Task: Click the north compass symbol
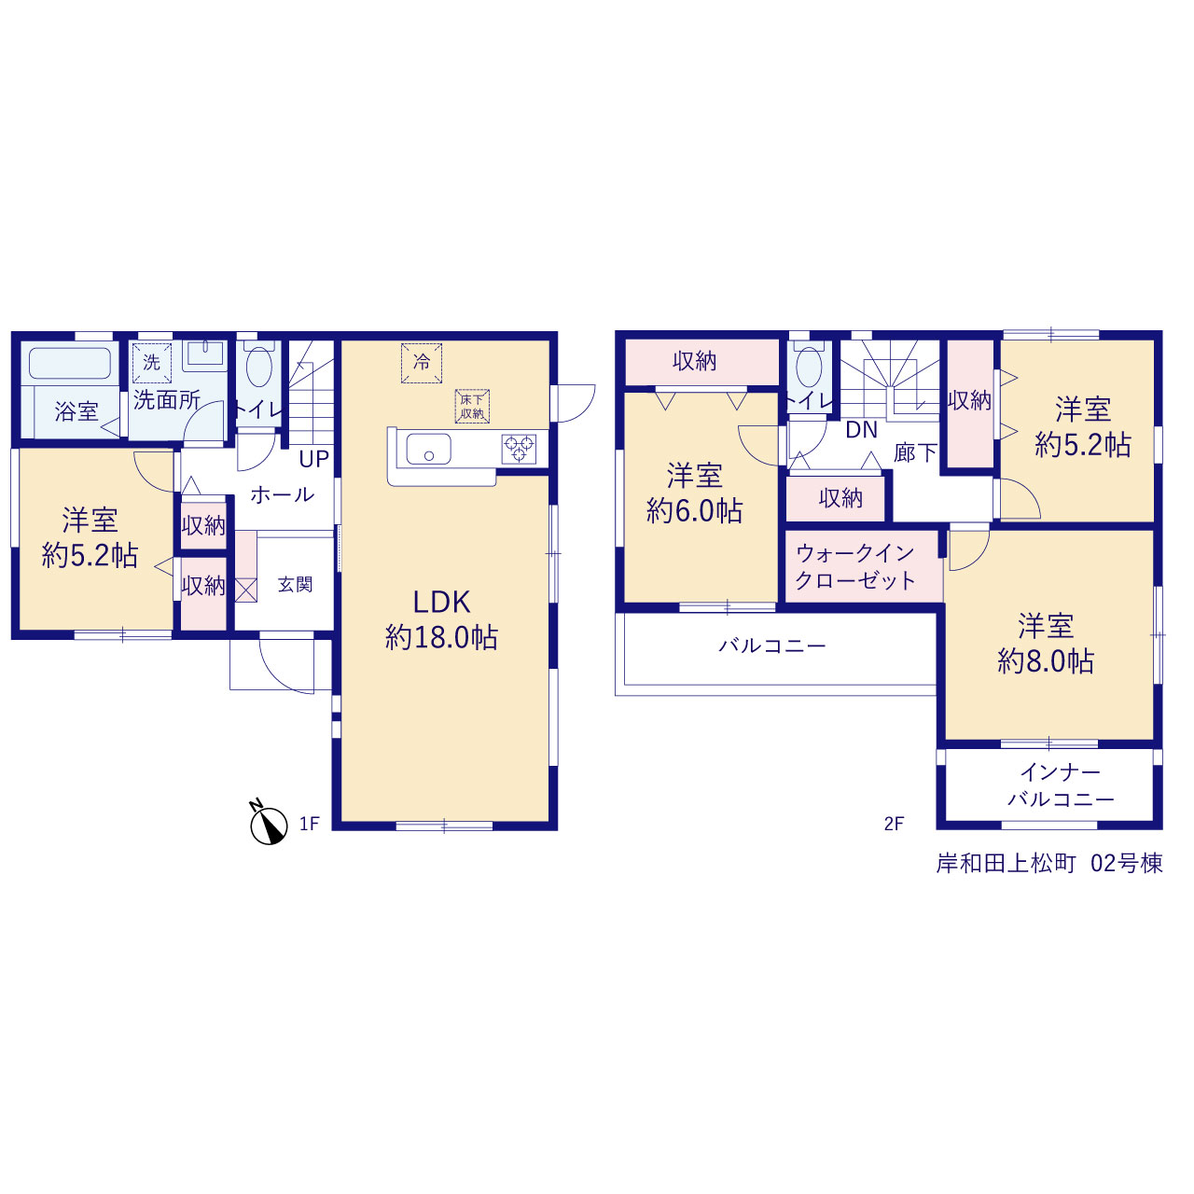pos(269,824)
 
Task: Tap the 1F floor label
pos(309,824)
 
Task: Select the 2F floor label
pos(894,824)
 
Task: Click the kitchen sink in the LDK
pos(428,449)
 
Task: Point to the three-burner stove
pos(520,450)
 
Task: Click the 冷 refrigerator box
pos(422,363)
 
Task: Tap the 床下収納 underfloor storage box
pos(472,406)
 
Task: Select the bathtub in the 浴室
pos(70,363)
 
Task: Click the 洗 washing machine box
pos(152,363)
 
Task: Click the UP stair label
pos(314,459)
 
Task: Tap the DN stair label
pos(861,430)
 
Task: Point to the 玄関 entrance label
pos(295,584)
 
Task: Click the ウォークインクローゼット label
pos(855,566)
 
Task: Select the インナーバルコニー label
pos(1061,785)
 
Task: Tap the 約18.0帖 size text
pos(441,637)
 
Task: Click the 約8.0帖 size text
pos(1046,661)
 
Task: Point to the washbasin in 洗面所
pos(205,355)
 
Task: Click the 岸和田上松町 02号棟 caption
pos(1049,863)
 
